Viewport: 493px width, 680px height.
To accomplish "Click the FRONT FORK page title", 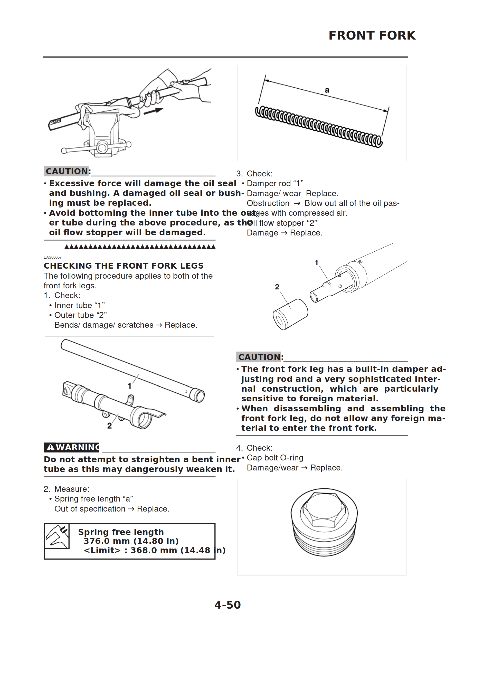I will [x=372, y=35].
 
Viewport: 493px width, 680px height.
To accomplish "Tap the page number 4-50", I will [x=227, y=605].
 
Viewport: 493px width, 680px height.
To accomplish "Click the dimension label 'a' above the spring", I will [x=327, y=90].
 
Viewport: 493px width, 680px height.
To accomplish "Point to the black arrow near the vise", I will [x=153, y=111].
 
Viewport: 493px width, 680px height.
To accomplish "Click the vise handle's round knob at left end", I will [x=64, y=150].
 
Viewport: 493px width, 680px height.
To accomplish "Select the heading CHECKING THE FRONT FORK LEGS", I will [x=124, y=266].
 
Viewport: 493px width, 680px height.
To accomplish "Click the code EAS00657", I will [x=53, y=257].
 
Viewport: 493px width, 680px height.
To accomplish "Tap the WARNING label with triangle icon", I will [x=72, y=447].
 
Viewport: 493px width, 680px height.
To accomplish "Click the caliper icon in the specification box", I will [x=57, y=536].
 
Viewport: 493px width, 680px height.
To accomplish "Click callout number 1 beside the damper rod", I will [x=316, y=263].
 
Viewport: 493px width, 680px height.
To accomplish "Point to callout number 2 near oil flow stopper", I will [x=277, y=287].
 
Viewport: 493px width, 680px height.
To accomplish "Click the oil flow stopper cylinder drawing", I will [x=290, y=314].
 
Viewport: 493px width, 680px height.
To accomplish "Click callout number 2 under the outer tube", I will [x=109, y=426].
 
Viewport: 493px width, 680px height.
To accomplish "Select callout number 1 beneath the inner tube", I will [x=130, y=386].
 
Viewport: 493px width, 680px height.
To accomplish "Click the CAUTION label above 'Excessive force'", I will [x=67, y=171].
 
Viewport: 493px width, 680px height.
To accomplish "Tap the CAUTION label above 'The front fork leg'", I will [x=259, y=357].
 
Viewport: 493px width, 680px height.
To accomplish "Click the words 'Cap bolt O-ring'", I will [x=275, y=458].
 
